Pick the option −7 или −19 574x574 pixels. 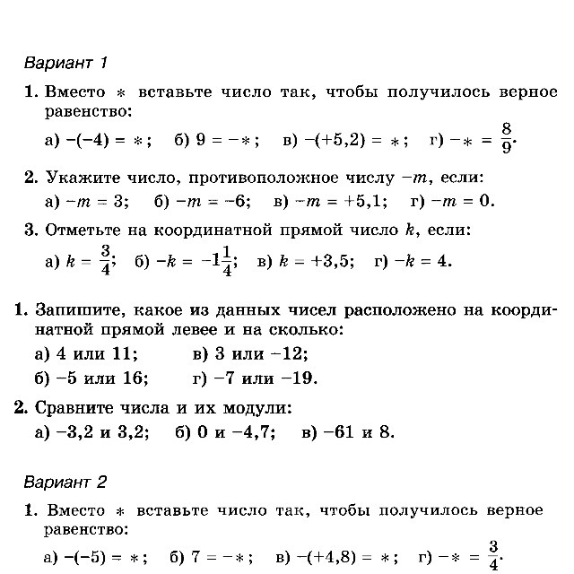pyautogui.click(x=256, y=378)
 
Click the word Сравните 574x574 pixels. pyautogui.click(x=77, y=408)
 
